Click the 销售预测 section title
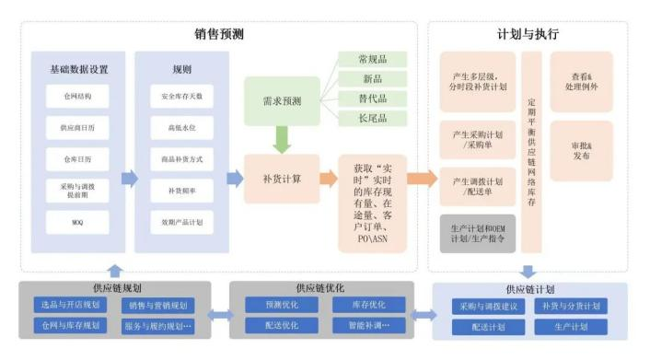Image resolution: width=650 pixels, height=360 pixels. pos(218,35)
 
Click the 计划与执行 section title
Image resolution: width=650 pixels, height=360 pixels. pos(527,35)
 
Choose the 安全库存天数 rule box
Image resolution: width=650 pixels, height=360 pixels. pos(181,96)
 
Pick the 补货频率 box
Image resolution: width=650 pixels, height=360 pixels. pos(181,191)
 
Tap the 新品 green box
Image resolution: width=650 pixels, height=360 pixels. pos(373,79)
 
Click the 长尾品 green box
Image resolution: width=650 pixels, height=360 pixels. pos(373,118)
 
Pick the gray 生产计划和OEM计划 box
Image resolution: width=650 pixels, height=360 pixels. pos(477,234)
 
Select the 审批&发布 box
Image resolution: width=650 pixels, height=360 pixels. pos(581,151)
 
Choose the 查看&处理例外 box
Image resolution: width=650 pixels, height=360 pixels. pos(581,81)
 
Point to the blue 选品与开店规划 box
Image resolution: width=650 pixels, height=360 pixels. pos(70,306)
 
